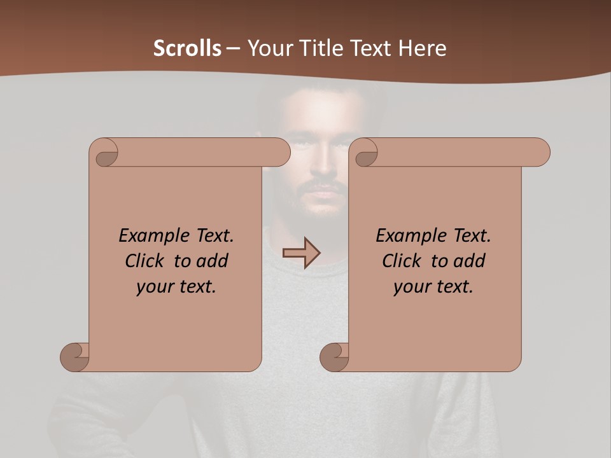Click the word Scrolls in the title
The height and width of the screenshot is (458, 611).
187,48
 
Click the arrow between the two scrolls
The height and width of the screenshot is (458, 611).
302,253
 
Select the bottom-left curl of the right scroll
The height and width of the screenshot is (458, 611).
335,356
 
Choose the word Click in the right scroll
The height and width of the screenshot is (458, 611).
402,261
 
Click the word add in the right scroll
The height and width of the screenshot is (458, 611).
470,261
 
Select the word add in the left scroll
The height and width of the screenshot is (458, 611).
213,261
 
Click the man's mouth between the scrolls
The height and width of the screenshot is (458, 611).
325,191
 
